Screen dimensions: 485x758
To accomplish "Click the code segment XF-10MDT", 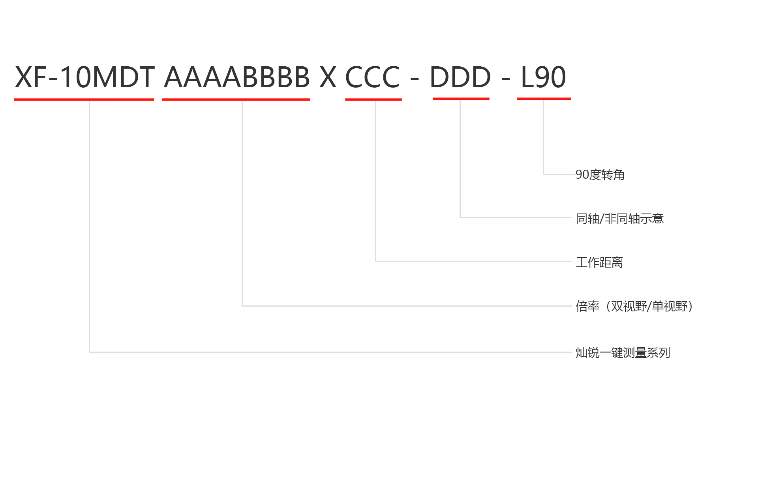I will click(x=84, y=77).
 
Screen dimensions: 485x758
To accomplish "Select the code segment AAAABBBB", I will click(x=237, y=77).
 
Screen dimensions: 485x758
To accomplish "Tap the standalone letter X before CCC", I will click(x=328, y=77).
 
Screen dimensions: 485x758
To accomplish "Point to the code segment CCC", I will click(x=373, y=77).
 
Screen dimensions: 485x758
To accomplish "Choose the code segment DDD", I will click(x=460, y=77).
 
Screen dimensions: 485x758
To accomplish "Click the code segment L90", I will click(x=544, y=77).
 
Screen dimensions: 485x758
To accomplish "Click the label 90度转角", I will click(x=600, y=174).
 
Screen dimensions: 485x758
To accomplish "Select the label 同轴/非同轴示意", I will click(x=619, y=218).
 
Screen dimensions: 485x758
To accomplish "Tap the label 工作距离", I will click(x=599, y=262).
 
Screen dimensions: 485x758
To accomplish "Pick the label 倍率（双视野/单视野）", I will click(x=634, y=306).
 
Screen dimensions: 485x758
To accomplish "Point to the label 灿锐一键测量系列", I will click(x=623, y=352).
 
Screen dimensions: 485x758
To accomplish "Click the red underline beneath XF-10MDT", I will click(x=84, y=99).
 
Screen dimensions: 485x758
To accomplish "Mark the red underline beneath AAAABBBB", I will click(x=236, y=99).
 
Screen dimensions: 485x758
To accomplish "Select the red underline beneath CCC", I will click(x=373, y=99).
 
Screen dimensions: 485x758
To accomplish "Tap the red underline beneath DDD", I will click(x=461, y=99).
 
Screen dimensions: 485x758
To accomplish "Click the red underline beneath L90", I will click(x=544, y=99).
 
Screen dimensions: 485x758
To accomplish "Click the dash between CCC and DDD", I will click(x=415, y=79).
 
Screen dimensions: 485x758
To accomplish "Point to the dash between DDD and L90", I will click(x=506, y=79).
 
